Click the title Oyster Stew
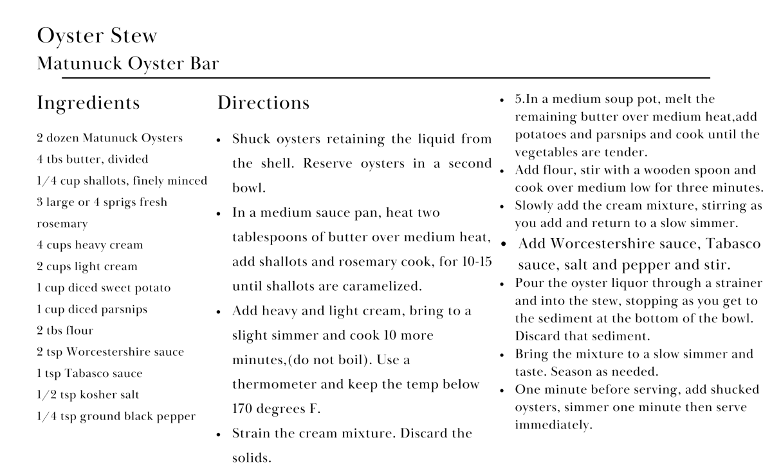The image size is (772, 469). point(97,35)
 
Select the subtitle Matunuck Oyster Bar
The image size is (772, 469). point(128,64)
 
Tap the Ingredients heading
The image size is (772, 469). point(88,103)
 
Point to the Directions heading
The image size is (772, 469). point(263,103)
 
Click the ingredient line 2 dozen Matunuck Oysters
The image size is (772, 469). point(109,138)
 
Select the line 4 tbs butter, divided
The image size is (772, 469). point(92,160)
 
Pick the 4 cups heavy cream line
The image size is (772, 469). point(89,245)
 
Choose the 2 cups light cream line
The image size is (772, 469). point(87,266)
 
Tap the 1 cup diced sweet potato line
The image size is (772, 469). point(104,288)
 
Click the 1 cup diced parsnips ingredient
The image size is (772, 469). point(92,309)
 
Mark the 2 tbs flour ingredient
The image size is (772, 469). point(65,331)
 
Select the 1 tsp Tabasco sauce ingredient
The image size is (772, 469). point(89,373)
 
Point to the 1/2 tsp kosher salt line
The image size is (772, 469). point(87,394)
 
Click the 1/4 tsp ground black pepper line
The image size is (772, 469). point(116,416)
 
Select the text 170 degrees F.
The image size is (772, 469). point(276,409)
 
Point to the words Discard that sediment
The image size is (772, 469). point(582,336)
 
